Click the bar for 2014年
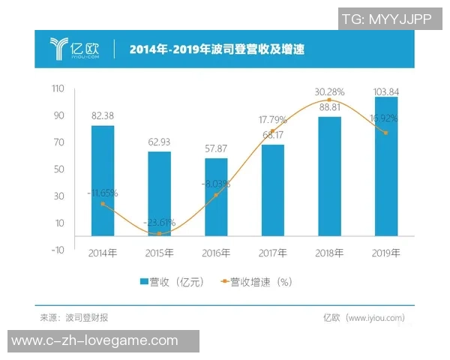click(x=103, y=180)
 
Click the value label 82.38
click(x=103, y=116)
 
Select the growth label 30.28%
click(x=329, y=92)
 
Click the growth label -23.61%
click(x=159, y=222)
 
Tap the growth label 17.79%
click(x=273, y=119)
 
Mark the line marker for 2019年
click(x=386, y=133)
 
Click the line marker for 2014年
click(x=103, y=204)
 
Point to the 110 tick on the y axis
click(x=58, y=89)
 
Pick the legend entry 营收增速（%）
click(x=255, y=282)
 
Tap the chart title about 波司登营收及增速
click(x=217, y=49)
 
